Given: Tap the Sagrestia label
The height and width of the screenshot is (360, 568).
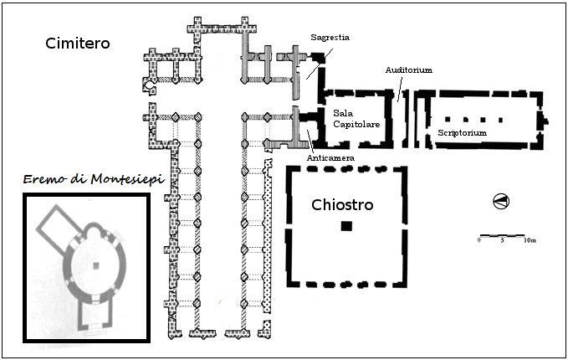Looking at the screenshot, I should click(x=329, y=38).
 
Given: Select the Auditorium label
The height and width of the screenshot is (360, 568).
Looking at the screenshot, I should click(x=408, y=69).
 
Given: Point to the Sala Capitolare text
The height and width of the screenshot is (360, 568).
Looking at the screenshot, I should click(x=356, y=118).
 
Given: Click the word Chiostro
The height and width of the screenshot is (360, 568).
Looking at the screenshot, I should click(x=342, y=204).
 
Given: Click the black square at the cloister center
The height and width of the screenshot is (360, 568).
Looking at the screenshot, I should click(x=346, y=226).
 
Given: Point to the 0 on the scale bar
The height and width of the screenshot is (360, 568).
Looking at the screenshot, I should click(x=479, y=240).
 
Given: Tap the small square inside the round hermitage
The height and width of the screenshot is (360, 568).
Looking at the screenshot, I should click(x=96, y=265).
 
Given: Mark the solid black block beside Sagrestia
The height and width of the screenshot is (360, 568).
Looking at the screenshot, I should click(x=318, y=57).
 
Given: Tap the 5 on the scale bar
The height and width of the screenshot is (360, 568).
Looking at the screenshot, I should click(x=502, y=240).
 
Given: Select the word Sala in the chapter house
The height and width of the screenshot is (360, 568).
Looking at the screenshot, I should click(x=343, y=112).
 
